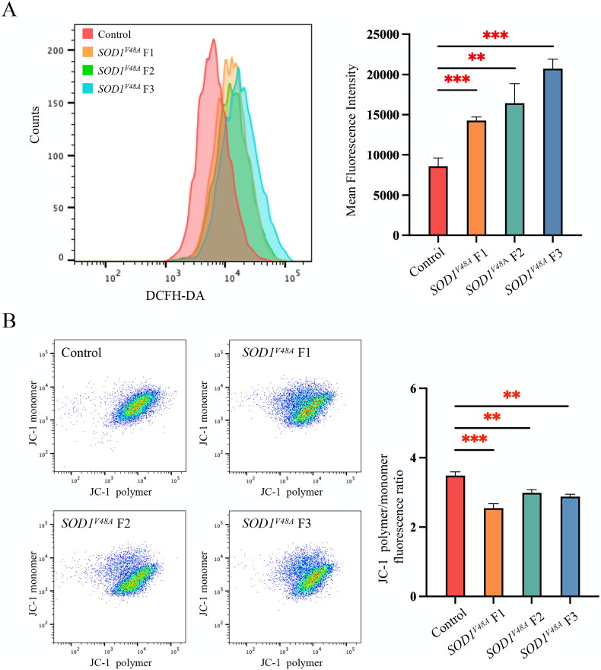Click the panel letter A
pyautogui.click(x=11, y=13)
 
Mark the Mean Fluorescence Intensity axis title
pyautogui.click(x=352, y=135)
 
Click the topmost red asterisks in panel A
pyautogui.click(x=494, y=35)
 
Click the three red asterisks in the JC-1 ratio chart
pyautogui.click(x=474, y=439)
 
